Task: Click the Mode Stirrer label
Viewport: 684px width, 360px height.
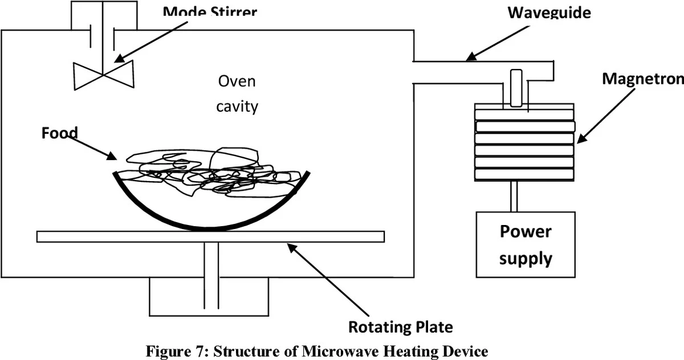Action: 209,12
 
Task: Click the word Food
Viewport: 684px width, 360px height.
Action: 59,133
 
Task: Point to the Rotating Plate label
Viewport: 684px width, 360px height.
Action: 401,327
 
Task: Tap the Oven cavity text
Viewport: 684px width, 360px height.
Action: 237,94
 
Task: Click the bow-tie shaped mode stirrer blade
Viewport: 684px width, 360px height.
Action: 103,75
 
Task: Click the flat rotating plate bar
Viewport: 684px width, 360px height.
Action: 210,236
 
